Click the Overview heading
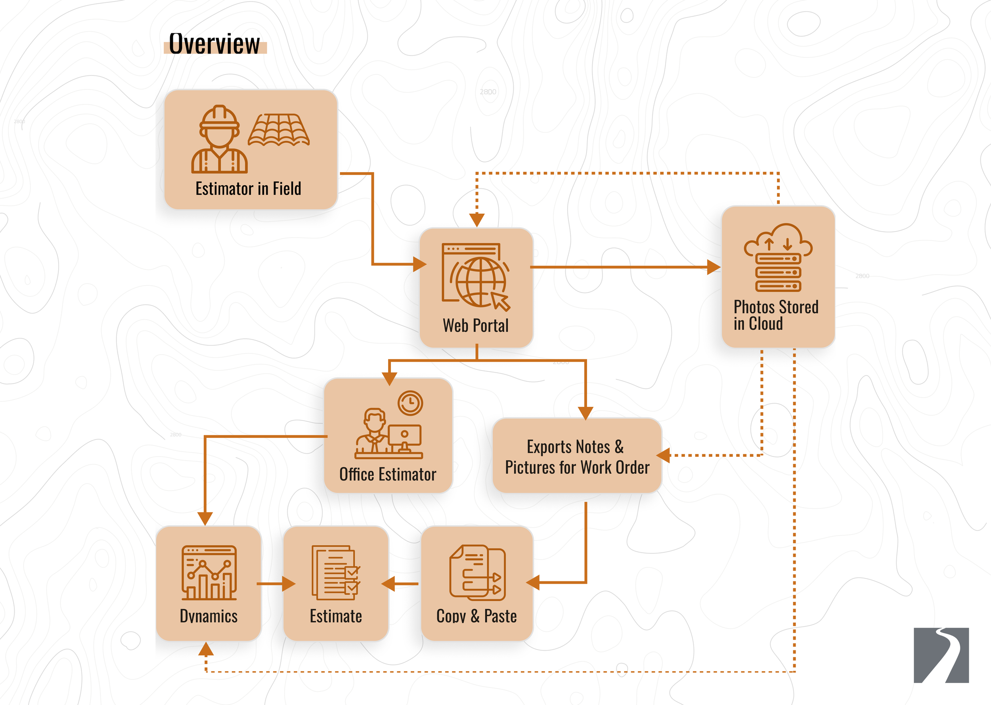[214, 44]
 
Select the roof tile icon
[279, 130]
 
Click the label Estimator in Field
[248, 189]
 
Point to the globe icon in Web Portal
[481, 282]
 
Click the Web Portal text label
[476, 326]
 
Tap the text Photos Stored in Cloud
[775, 315]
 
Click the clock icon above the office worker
[410, 403]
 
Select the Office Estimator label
[387, 475]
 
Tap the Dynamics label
[209, 616]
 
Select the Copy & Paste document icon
[477, 573]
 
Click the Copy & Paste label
[476, 616]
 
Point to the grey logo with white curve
[941, 655]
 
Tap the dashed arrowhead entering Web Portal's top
[477, 220]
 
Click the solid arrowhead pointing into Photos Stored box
[713, 267]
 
